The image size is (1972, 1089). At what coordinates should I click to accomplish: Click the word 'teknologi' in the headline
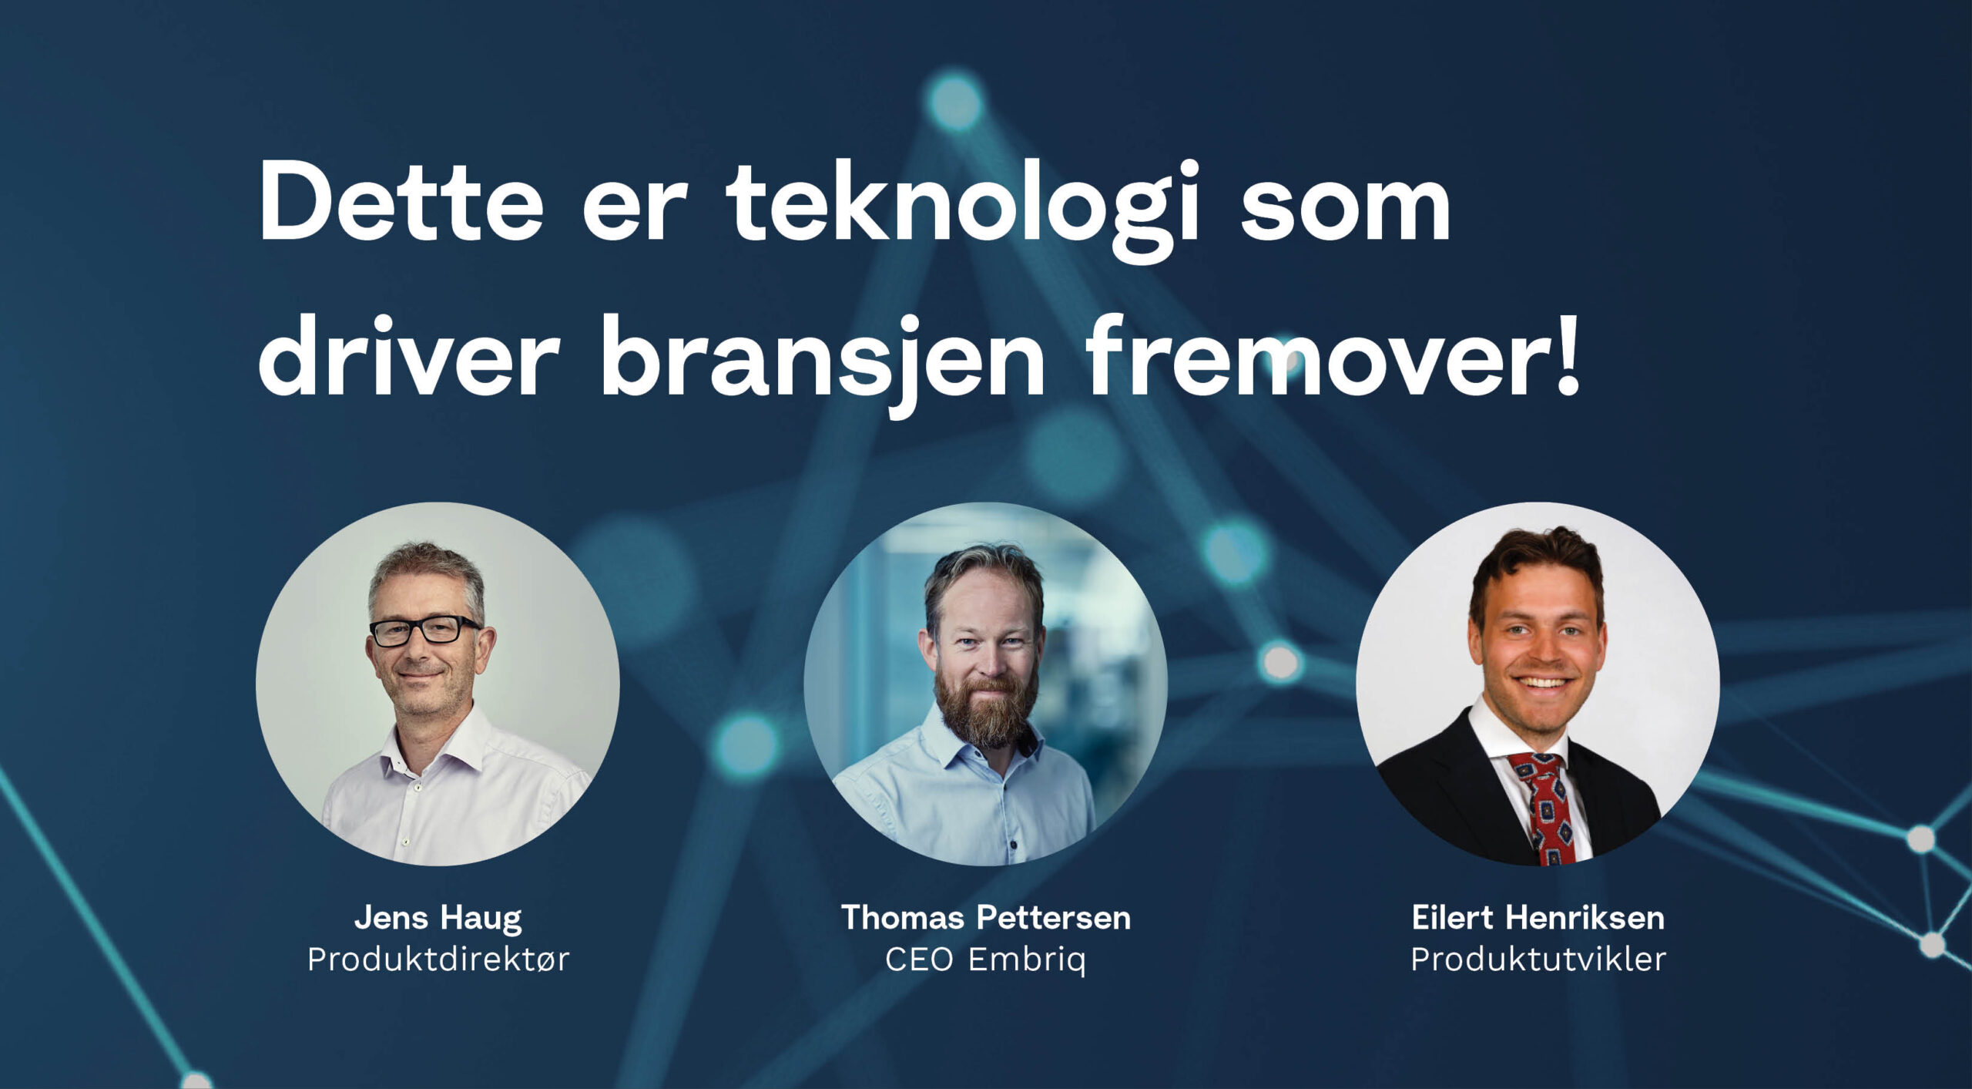pyautogui.click(x=963, y=204)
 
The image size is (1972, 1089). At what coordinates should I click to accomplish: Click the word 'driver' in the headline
pyautogui.click(x=408, y=358)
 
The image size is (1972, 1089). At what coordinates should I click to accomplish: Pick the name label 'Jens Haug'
pyautogui.click(x=438, y=917)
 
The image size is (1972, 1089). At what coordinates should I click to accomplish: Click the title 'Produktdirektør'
pyautogui.click(x=438, y=960)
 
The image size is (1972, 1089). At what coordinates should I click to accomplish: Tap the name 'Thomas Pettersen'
pyautogui.click(x=985, y=917)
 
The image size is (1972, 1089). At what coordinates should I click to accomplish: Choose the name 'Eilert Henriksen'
pyautogui.click(x=1538, y=917)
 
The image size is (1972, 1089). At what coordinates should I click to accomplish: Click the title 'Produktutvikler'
pyautogui.click(x=1538, y=960)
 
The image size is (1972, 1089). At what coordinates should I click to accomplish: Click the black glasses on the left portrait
pyautogui.click(x=424, y=630)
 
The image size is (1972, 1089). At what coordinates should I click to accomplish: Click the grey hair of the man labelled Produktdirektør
pyautogui.click(x=428, y=566)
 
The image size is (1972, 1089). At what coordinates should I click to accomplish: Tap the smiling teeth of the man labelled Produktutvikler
pyautogui.click(x=1541, y=683)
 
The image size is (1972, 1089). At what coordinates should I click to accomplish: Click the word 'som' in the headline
pyautogui.click(x=1345, y=204)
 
